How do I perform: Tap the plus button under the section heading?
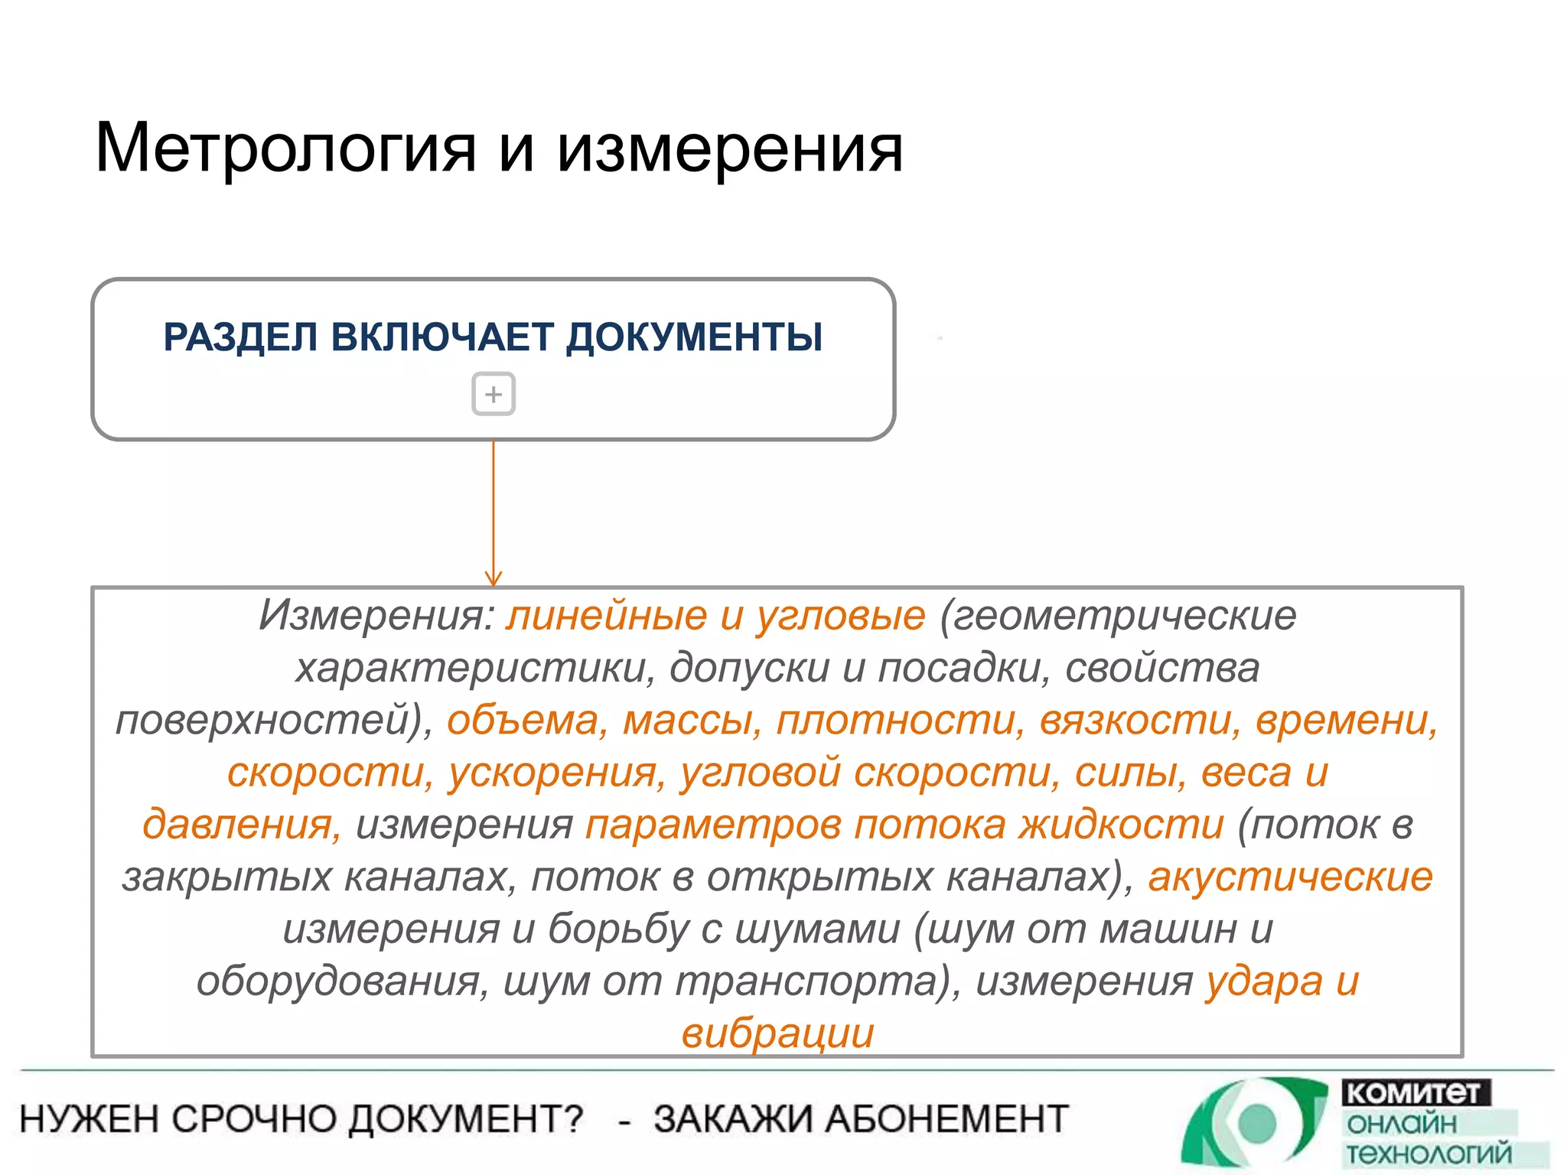(494, 394)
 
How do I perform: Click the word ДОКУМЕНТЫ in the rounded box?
(695, 337)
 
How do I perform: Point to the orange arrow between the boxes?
(494, 513)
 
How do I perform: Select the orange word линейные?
(606, 615)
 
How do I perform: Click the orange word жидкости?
(1121, 825)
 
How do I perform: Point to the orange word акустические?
(1290, 877)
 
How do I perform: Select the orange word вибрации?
(777, 1033)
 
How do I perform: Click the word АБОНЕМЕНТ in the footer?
(948, 1119)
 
